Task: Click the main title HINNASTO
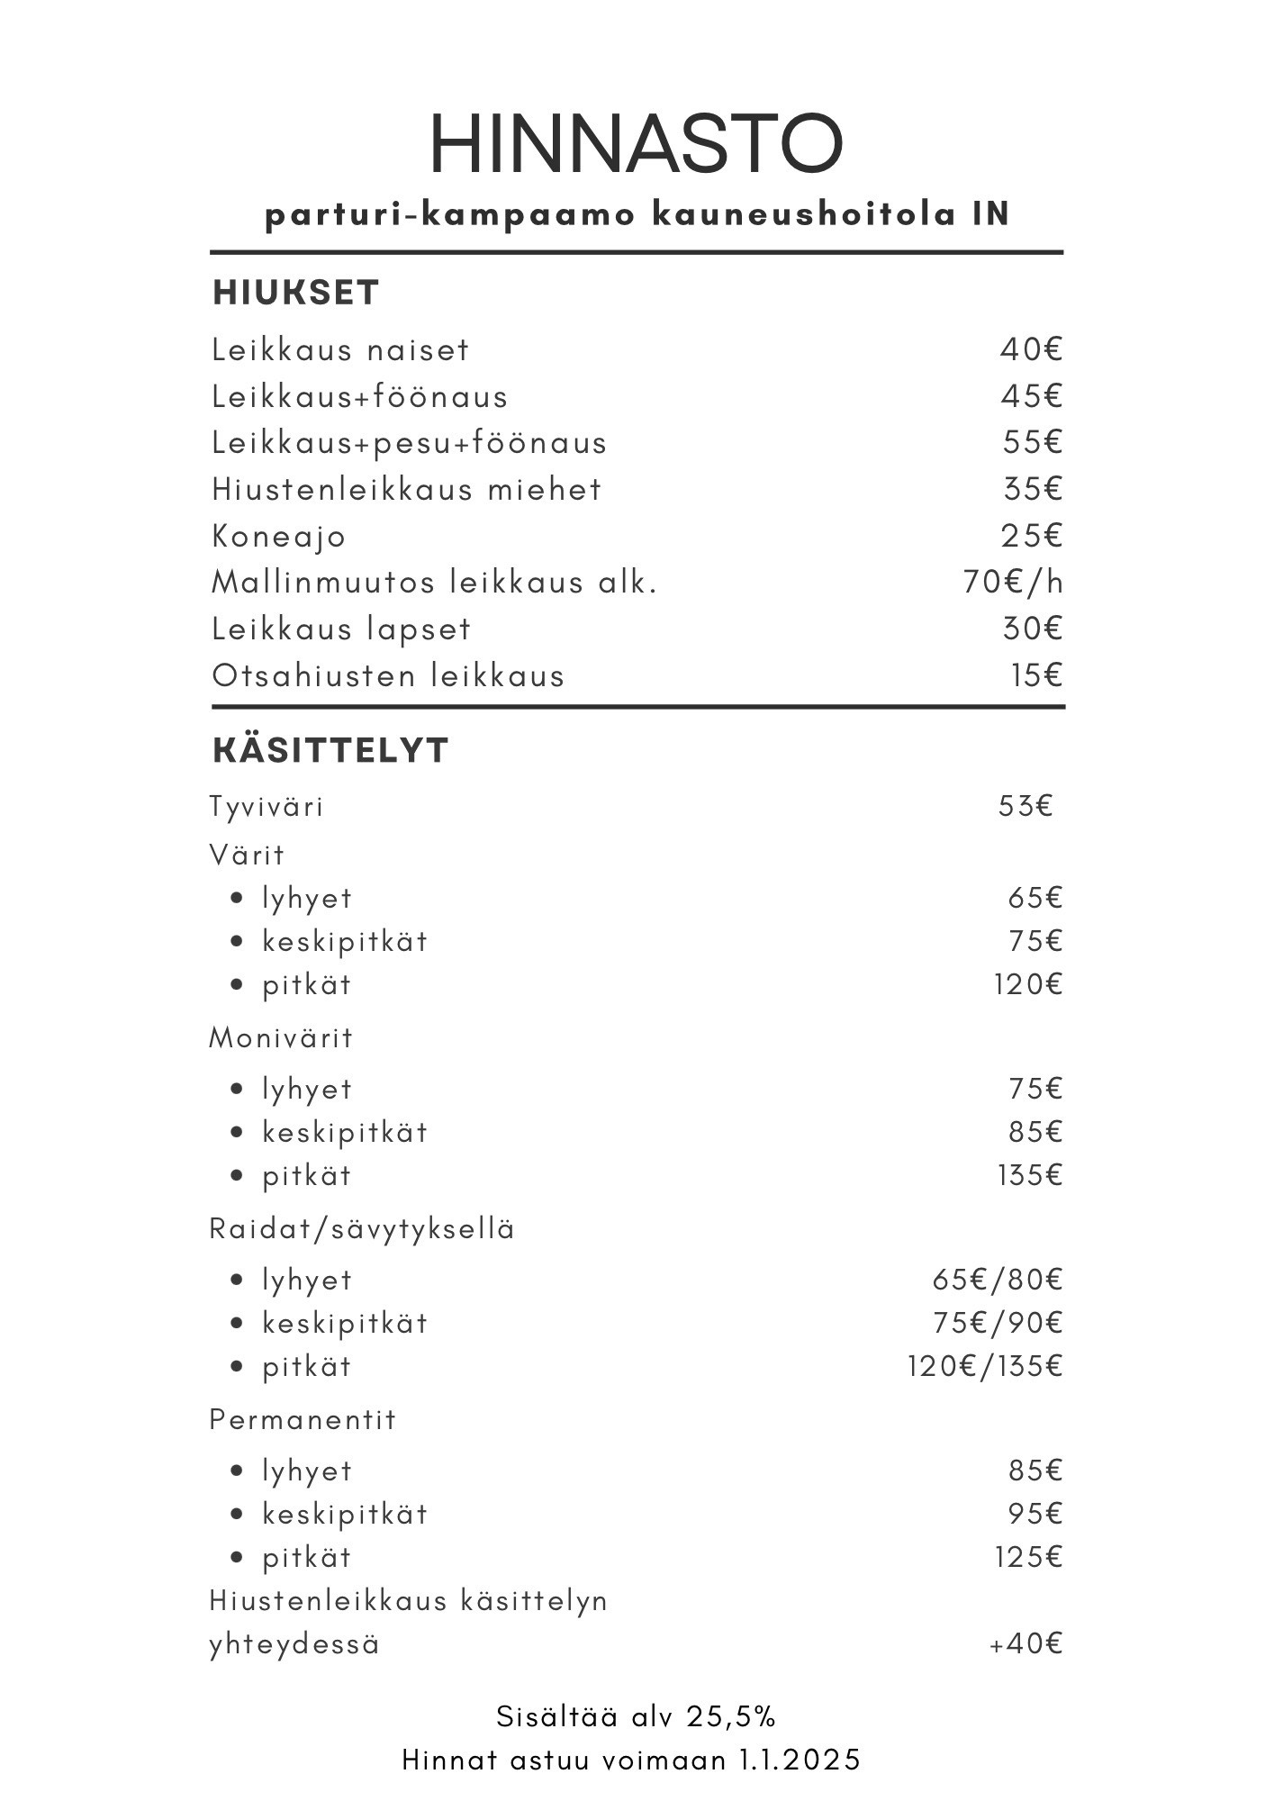pyautogui.click(x=636, y=144)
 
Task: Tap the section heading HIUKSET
pyautogui.click(x=295, y=293)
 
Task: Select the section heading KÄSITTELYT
pyautogui.click(x=330, y=750)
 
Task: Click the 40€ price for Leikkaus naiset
pyautogui.click(x=1032, y=349)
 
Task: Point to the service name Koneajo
pyautogui.click(x=278, y=537)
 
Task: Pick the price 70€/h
pyautogui.click(x=1013, y=583)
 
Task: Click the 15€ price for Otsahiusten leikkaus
pyautogui.click(x=1037, y=675)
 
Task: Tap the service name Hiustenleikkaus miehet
pyautogui.click(x=406, y=490)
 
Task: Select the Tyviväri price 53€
pyautogui.click(x=1026, y=806)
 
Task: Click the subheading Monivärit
pyautogui.click(x=281, y=1038)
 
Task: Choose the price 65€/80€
pyautogui.click(x=998, y=1280)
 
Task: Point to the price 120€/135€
pyautogui.click(x=985, y=1366)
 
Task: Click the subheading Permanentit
pyautogui.click(x=303, y=1420)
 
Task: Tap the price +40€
pyautogui.click(x=1026, y=1643)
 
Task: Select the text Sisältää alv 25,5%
pyautogui.click(x=636, y=1717)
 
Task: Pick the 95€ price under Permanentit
pyautogui.click(x=1035, y=1514)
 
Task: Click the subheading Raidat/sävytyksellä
pyautogui.click(x=362, y=1229)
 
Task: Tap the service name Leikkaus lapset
pyautogui.click(x=341, y=629)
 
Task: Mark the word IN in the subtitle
pyautogui.click(x=990, y=215)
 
